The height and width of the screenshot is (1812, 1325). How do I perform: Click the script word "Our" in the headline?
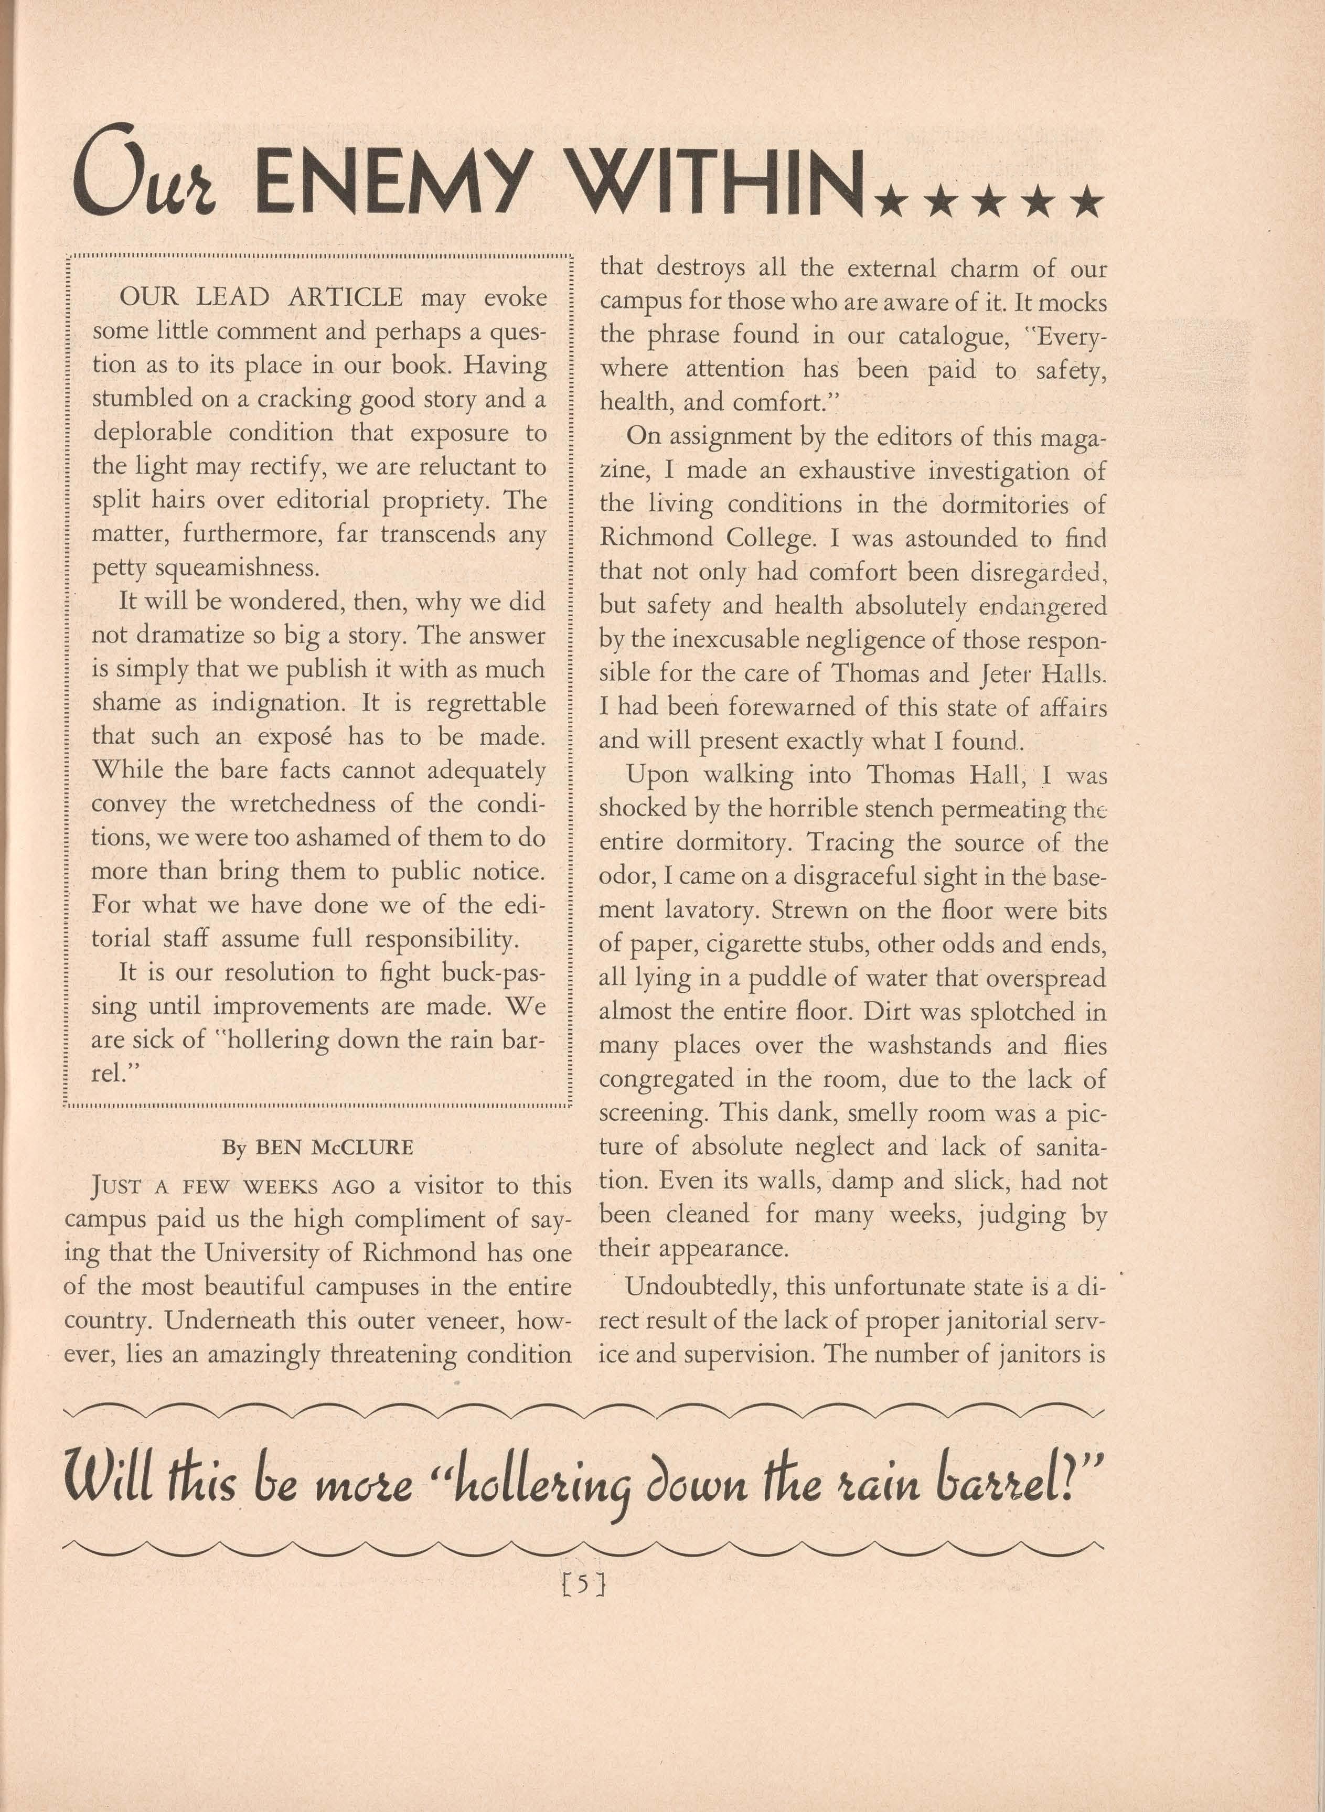[144, 173]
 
